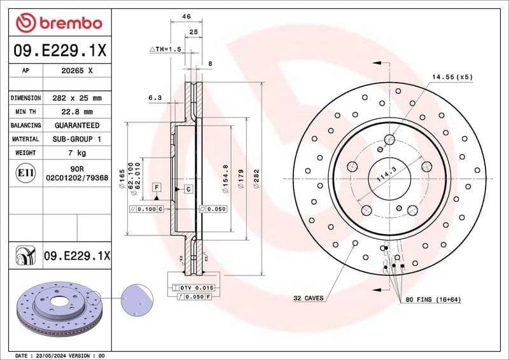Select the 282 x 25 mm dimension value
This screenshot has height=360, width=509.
click(76, 99)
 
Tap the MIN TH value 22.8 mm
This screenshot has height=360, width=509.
click(76, 112)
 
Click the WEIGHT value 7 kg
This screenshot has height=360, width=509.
click(76, 153)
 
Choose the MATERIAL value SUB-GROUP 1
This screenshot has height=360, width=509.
click(76, 139)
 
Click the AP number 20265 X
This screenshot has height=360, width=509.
click(76, 71)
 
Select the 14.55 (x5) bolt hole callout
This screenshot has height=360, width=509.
click(452, 76)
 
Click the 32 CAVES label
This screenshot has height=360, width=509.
click(308, 298)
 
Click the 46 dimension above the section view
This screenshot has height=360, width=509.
click(186, 17)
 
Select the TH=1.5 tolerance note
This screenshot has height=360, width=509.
click(166, 49)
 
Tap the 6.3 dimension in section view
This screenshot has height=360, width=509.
click(155, 98)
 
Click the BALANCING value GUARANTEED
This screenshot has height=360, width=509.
click(76, 125)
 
